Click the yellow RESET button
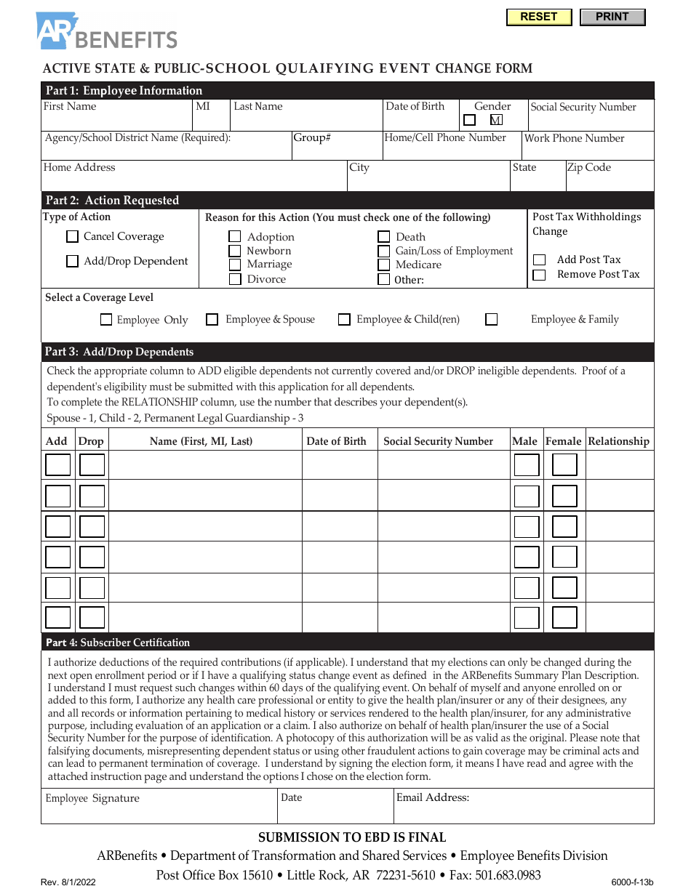(539, 17)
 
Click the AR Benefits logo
(107, 32)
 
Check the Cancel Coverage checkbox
(72, 236)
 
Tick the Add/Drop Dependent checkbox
(72, 261)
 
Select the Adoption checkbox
(235, 236)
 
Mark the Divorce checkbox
(235, 279)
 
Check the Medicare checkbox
(383, 265)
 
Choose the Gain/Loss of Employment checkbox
(383, 251)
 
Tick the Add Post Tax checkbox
(539, 259)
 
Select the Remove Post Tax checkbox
(539, 275)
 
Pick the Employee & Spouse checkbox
(212, 319)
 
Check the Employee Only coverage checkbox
(106, 319)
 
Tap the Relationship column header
(618, 441)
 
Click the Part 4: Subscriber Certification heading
(118, 643)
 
